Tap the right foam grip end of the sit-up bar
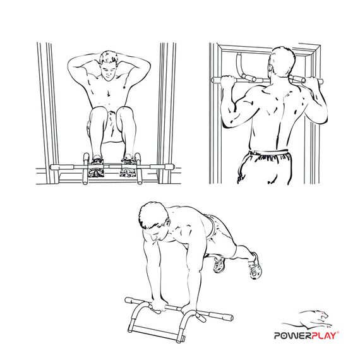(165, 167)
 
